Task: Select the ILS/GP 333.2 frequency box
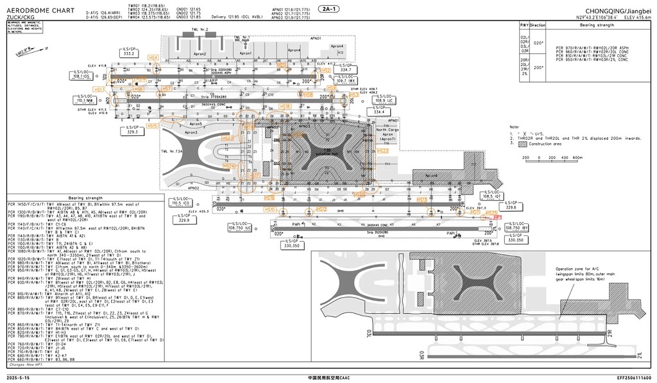[129, 51]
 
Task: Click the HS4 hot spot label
[153, 58]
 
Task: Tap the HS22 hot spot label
[383, 151]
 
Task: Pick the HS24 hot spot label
[230, 166]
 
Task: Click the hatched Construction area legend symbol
[513, 144]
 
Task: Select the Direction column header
[537, 25]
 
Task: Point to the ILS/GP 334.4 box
[379, 111]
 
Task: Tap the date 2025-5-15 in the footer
[20, 378]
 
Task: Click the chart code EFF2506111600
[634, 378]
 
